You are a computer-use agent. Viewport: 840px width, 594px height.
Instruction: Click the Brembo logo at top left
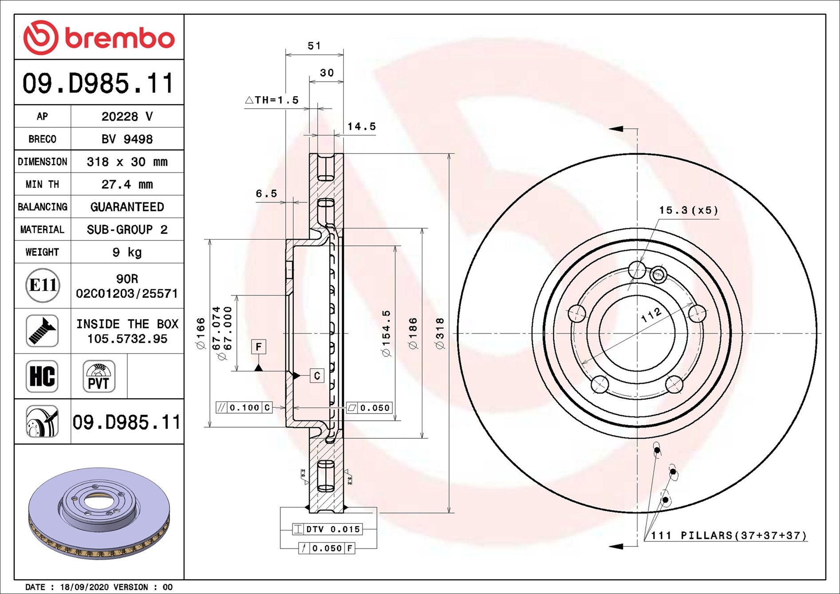(99, 37)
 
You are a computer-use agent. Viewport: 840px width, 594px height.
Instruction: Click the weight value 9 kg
(127, 252)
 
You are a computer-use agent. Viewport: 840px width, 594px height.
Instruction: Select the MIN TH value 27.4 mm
(127, 184)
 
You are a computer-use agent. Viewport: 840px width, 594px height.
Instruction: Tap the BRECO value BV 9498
(127, 139)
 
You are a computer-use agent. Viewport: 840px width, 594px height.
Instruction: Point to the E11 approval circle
(43, 285)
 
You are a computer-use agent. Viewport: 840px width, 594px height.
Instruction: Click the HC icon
(42, 376)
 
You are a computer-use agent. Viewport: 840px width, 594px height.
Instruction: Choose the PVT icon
(99, 376)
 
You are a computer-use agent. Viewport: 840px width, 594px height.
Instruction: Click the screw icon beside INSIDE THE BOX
(42, 331)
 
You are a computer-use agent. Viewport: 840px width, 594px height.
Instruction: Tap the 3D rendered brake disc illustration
(99, 513)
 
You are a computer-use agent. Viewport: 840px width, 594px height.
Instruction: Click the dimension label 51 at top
(314, 46)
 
